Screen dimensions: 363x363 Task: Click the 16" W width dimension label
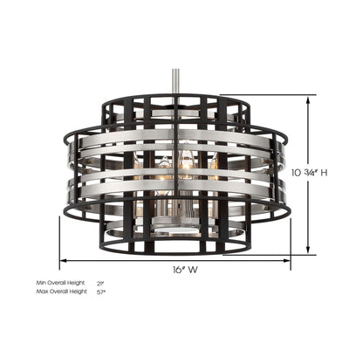179,270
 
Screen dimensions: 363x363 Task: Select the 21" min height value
99,284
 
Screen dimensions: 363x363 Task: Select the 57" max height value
99,291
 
